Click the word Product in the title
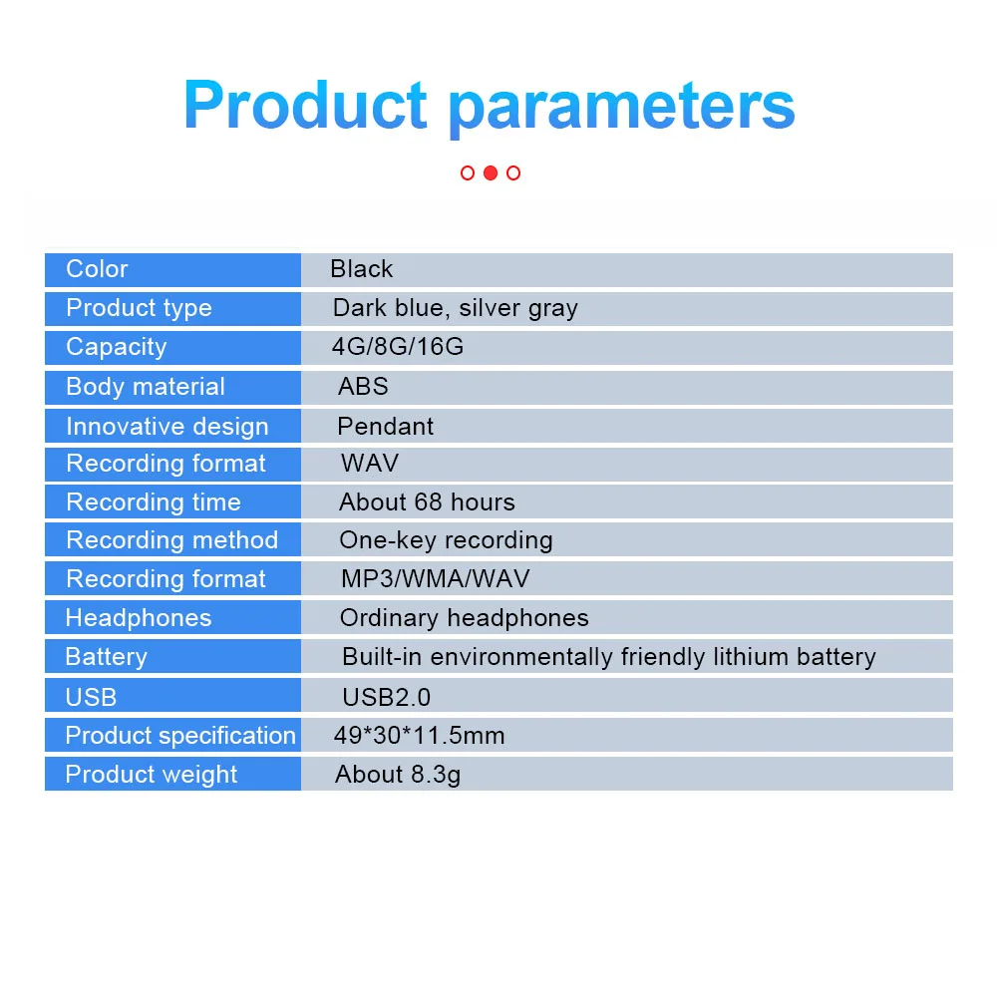(305, 106)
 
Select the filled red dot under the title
(490, 172)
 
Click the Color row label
(97, 269)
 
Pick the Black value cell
(362, 269)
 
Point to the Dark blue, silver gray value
(455, 308)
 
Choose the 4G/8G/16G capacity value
(398, 347)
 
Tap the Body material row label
(146, 387)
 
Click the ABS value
(363, 387)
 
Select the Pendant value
(385, 427)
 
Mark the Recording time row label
(154, 502)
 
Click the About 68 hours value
(427, 502)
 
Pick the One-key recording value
(446, 540)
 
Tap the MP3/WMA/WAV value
(435, 579)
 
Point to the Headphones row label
(139, 618)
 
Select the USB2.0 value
(386, 697)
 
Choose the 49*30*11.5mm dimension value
(419, 736)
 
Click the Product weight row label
(152, 775)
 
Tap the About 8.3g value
(398, 775)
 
